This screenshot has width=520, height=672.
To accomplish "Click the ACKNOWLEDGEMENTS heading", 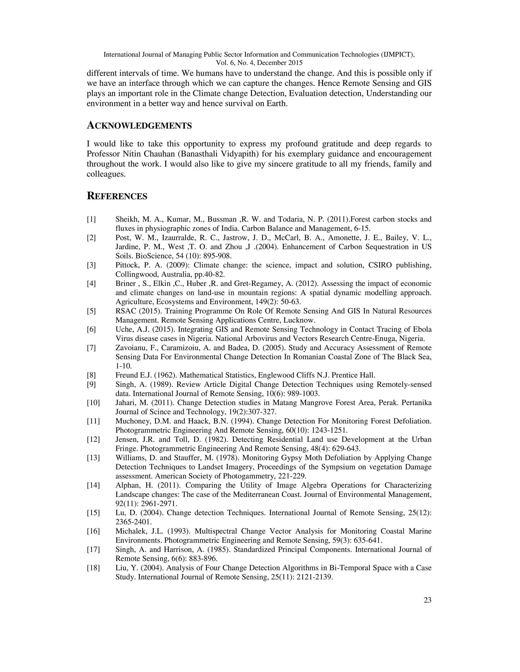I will (139, 126).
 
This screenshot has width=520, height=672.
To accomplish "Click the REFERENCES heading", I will (117, 196).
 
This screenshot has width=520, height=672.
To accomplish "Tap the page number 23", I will (427, 600).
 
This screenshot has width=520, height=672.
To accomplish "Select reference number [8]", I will (91, 375).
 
